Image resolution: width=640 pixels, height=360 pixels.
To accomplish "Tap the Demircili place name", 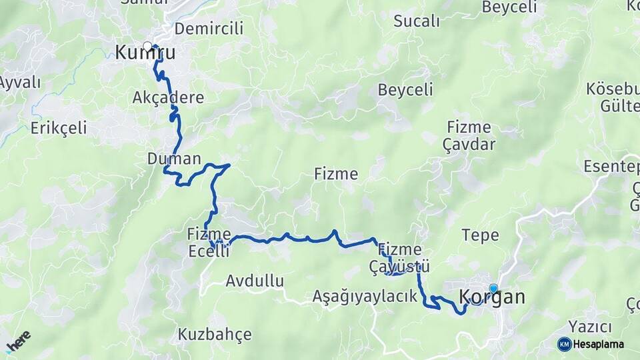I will coord(209,29).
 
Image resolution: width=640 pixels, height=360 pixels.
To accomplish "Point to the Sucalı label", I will coord(417,21).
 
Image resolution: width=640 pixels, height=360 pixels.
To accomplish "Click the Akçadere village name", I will coord(168,98).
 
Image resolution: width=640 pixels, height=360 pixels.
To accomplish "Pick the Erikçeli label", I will coord(59,127).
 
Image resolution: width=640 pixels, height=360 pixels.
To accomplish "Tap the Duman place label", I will coord(173,159).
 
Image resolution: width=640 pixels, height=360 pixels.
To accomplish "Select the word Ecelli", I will coord(209,251).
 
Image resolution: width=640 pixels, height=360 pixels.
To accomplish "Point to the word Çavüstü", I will coord(399,267).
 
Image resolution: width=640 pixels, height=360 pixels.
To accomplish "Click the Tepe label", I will coord(480,235).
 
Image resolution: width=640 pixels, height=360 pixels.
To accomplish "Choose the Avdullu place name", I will coord(255,280).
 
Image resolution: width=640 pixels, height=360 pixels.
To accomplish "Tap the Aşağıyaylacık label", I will coord(365,296).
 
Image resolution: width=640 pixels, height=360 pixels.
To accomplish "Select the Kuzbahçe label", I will coord(214,333).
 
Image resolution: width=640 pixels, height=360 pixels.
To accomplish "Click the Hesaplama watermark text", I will coord(599,344).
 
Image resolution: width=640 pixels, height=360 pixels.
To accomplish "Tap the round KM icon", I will coord(564,344).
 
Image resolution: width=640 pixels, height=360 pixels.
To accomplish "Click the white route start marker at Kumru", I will coord(147,47).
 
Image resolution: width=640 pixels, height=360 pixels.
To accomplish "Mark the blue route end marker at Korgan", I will coord(493,288).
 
